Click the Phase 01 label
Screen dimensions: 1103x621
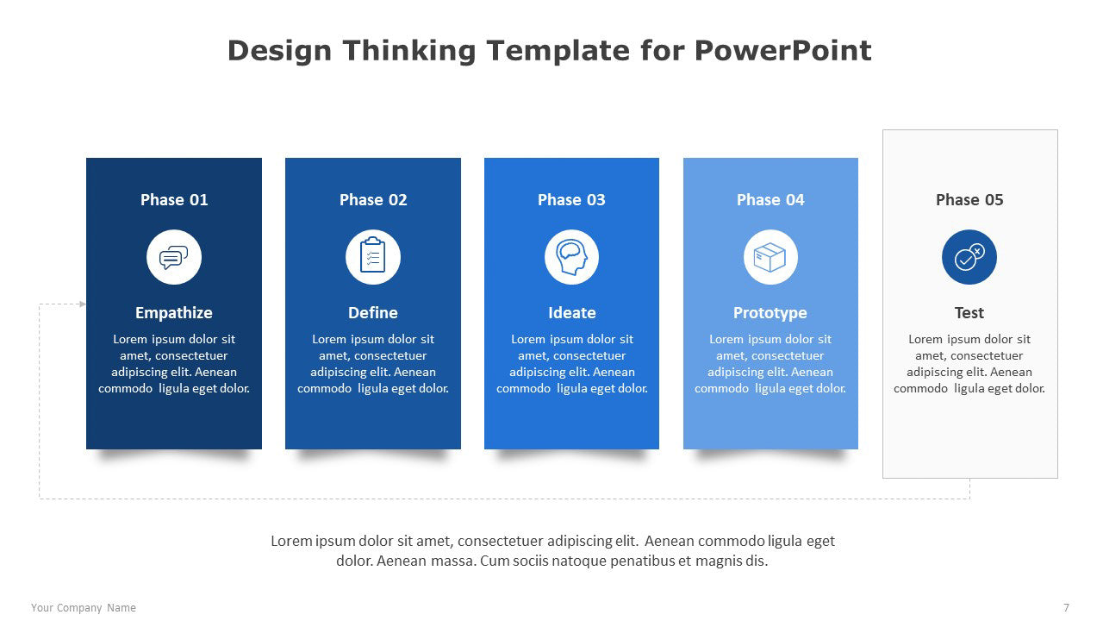click(x=174, y=199)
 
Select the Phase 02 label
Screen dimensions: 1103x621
click(x=373, y=199)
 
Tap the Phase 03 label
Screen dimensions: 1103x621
click(x=571, y=199)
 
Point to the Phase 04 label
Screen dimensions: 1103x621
click(x=770, y=199)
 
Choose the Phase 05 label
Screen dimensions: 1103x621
click(x=969, y=199)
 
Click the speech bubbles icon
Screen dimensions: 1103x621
click(x=174, y=257)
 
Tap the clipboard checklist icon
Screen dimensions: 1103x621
click(x=373, y=254)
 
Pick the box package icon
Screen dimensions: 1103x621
click(x=770, y=257)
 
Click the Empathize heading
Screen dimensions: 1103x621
click(x=174, y=313)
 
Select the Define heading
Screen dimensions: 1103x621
click(x=373, y=312)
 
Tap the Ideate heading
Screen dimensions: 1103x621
click(x=571, y=312)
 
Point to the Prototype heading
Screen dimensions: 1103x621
click(x=770, y=313)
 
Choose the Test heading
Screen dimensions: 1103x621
click(x=969, y=312)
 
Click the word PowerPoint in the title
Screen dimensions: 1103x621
click(x=783, y=50)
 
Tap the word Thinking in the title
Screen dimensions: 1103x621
click(x=409, y=51)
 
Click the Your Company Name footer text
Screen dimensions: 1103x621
click(x=84, y=608)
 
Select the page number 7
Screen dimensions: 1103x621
click(x=1066, y=608)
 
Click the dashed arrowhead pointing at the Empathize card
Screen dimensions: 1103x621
click(x=83, y=304)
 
